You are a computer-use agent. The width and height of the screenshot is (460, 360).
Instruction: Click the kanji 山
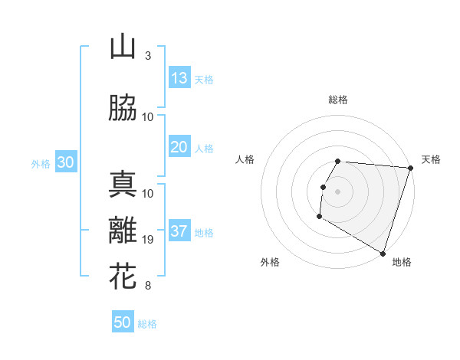coord(123,47)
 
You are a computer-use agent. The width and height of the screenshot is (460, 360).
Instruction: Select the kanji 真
coord(123,185)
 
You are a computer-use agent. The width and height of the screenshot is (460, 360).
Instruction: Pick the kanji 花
coord(123,277)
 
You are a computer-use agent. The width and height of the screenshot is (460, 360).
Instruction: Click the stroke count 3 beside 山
coord(147,56)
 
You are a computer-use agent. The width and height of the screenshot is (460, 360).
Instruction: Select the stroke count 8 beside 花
coord(147,286)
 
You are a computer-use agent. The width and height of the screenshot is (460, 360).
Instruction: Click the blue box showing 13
coord(179,78)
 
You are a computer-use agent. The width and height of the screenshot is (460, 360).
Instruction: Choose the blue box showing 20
coord(179,147)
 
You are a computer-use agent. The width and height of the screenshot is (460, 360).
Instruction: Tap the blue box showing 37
coord(179,231)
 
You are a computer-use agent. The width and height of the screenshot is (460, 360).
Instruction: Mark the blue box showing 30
coord(66,162)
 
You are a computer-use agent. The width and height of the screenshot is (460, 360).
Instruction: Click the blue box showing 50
coord(123,323)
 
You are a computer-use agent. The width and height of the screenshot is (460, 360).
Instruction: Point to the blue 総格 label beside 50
coord(147,324)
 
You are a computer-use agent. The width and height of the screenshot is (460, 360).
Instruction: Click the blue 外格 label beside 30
coord(41,163)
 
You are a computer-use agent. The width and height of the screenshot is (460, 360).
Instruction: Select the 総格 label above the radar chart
coord(338,100)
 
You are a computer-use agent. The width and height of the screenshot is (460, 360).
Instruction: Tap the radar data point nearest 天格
coord(410,169)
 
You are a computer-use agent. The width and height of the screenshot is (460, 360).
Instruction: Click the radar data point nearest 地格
coord(383,253)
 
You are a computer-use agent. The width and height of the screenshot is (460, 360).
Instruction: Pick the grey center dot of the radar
coord(338,191)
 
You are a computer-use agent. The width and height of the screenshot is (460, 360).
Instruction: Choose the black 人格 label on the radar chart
coord(245,159)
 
